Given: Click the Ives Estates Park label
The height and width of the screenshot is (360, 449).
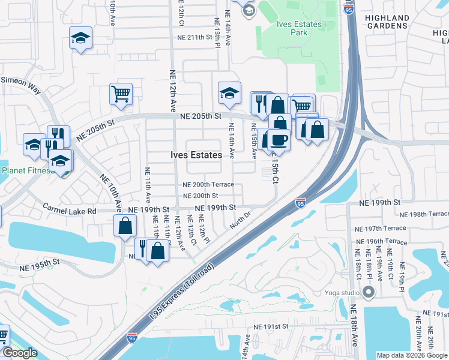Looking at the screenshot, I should [x=300, y=28].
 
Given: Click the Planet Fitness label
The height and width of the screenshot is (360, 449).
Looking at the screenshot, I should [x=28, y=170].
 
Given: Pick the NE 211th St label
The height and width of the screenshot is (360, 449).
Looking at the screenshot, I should [x=195, y=37].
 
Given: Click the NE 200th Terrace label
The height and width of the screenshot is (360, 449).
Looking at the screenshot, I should [x=208, y=185].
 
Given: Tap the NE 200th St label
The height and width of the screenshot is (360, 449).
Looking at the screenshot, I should [x=200, y=196].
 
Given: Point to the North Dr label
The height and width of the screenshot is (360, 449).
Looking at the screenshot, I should [x=240, y=220].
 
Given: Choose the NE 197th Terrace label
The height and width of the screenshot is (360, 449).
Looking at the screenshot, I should [x=381, y=229].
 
